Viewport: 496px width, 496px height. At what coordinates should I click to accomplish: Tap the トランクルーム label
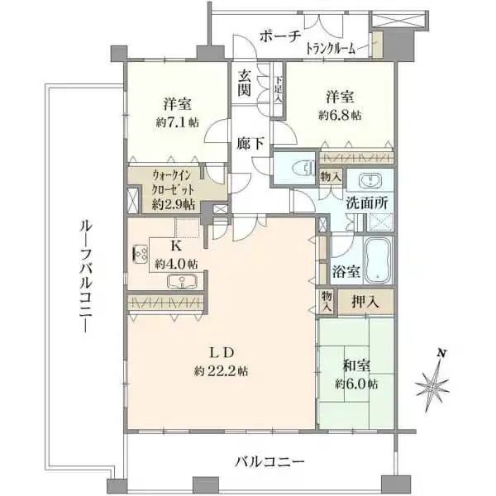coord(331,49)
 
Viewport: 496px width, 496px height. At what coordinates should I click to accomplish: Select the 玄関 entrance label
coord(246,83)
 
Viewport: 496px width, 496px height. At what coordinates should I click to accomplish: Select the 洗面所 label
coord(366,203)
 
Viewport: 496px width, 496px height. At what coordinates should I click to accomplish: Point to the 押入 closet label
coord(367,302)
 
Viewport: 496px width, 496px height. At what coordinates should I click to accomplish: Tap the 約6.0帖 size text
coord(356,384)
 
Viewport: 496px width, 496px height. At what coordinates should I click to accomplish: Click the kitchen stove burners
coord(139,254)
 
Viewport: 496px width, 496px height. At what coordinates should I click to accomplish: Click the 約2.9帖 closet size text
coord(174,203)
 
